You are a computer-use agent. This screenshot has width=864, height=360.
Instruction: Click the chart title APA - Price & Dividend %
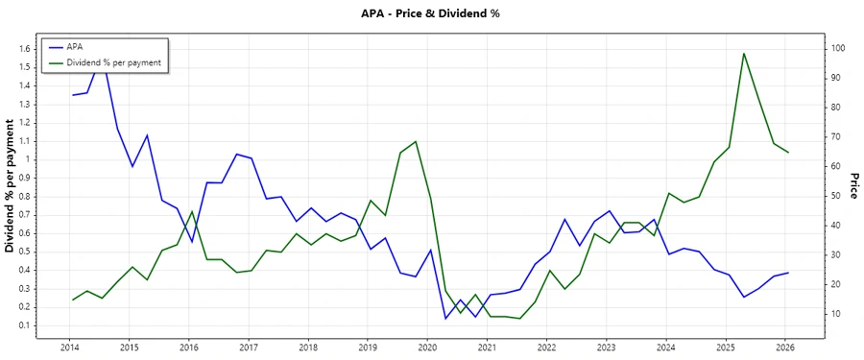(x=431, y=13)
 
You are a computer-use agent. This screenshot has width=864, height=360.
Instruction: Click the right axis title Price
(x=852, y=186)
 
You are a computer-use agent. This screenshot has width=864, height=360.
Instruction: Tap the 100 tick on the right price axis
(x=838, y=48)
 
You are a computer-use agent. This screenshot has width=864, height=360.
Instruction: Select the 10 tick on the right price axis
(x=838, y=314)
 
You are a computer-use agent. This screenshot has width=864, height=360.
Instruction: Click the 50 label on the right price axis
(x=838, y=196)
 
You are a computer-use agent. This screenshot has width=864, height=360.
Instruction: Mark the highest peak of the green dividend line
(x=744, y=54)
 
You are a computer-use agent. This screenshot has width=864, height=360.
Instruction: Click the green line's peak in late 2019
(x=416, y=141)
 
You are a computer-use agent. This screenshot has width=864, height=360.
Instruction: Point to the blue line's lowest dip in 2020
(x=445, y=318)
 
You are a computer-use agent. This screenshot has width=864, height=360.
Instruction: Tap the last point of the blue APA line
(x=788, y=273)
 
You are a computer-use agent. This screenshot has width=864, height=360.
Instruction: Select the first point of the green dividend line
(x=72, y=300)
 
